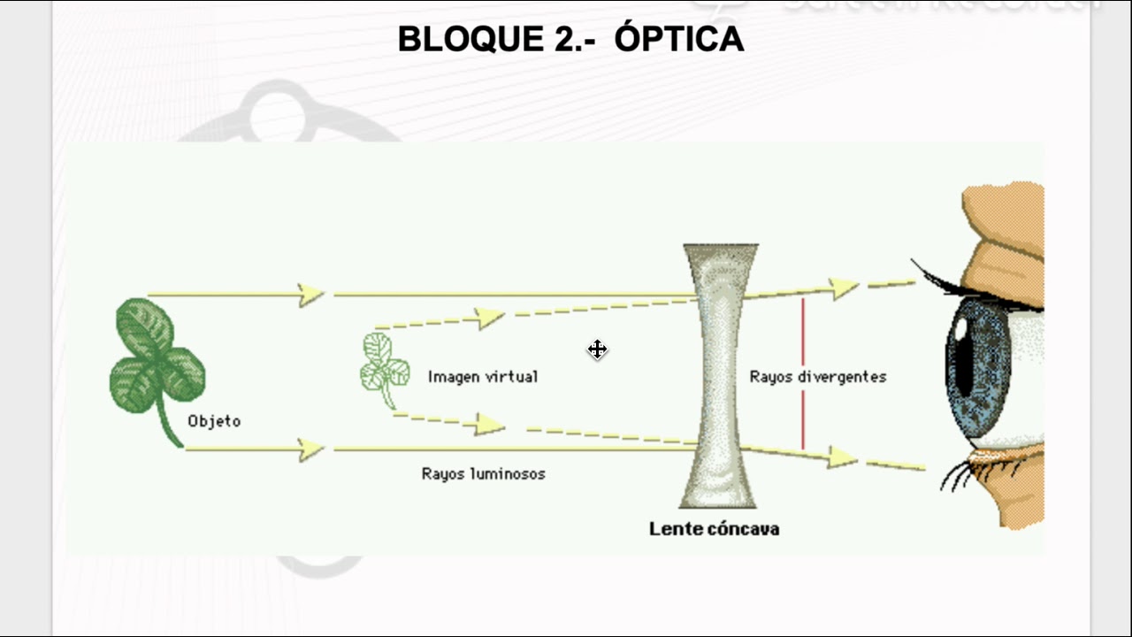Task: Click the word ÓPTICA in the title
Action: tap(679, 39)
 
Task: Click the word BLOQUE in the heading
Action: tap(464, 39)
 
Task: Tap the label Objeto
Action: tap(214, 421)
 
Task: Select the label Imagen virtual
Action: tap(483, 377)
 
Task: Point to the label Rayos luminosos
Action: tap(483, 474)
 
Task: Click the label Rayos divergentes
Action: tap(818, 377)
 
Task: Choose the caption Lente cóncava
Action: tap(714, 529)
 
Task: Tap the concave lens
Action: tap(721, 376)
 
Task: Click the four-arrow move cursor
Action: tap(597, 349)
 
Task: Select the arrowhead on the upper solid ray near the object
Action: tap(312, 295)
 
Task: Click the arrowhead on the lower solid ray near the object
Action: tap(312, 449)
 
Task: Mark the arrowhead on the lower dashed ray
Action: tap(490, 425)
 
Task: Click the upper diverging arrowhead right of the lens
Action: tap(845, 288)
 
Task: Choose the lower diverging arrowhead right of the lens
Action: tap(844, 457)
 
